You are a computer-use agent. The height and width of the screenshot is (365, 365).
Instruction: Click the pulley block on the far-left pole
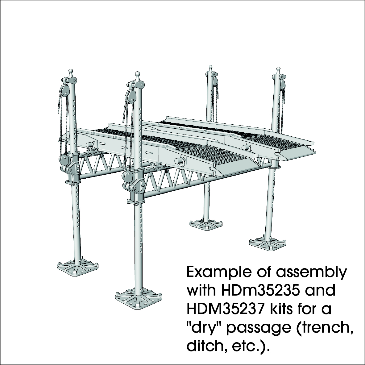point(64,90)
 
